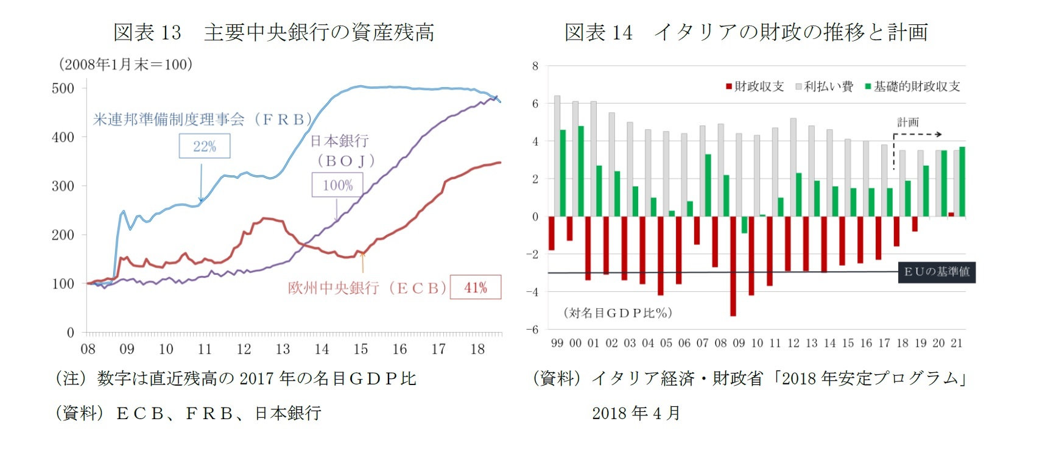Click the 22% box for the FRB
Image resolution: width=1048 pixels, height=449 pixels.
click(205, 146)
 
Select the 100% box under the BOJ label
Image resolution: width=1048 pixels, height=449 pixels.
click(337, 185)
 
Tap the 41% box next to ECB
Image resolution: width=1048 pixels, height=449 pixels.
click(476, 288)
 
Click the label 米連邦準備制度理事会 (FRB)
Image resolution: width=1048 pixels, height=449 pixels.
click(202, 119)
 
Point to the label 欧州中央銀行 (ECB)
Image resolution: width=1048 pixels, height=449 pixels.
click(367, 288)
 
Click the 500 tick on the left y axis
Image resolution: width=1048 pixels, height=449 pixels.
click(63, 88)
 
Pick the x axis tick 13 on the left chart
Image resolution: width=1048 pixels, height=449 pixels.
click(283, 349)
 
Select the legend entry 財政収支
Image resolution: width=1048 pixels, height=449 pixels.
click(754, 87)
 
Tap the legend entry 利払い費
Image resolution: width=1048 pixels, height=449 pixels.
click(825, 87)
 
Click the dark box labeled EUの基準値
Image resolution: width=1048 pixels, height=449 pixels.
click(937, 272)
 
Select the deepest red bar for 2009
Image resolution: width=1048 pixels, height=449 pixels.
click(733, 266)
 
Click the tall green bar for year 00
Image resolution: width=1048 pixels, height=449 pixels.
click(581, 171)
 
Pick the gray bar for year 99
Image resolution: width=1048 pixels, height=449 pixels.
click(557, 156)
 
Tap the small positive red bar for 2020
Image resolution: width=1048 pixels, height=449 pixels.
click(951, 214)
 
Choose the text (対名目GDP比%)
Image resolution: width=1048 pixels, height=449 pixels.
click(618, 313)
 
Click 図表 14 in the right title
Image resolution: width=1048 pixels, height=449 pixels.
click(598, 32)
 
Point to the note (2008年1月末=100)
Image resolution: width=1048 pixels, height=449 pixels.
click(125, 65)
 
